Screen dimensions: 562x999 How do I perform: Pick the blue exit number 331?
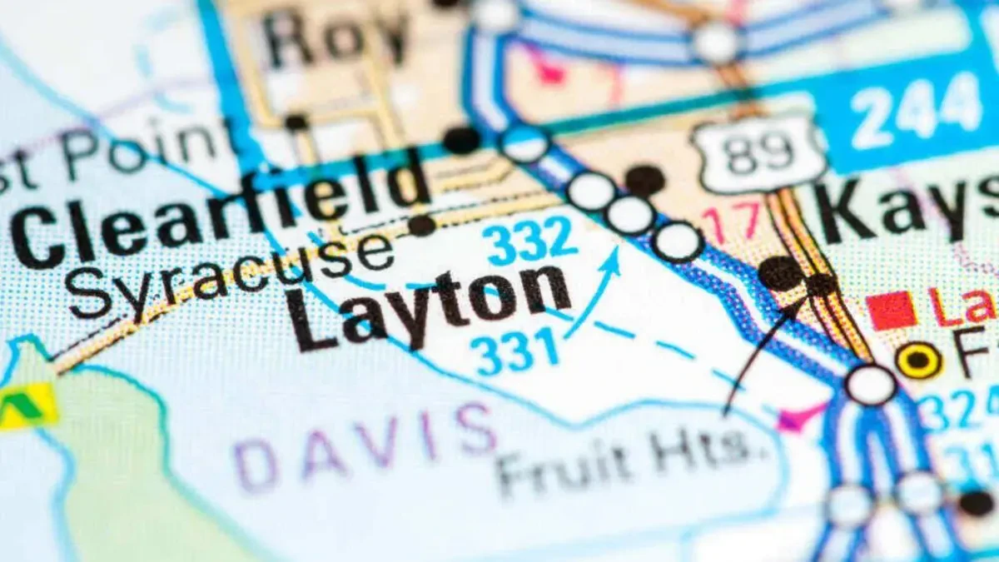click(514, 350)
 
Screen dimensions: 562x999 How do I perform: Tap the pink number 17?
click(731, 221)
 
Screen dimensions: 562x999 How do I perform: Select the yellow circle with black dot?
click(919, 361)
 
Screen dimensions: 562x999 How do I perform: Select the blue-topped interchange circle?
click(525, 144)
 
